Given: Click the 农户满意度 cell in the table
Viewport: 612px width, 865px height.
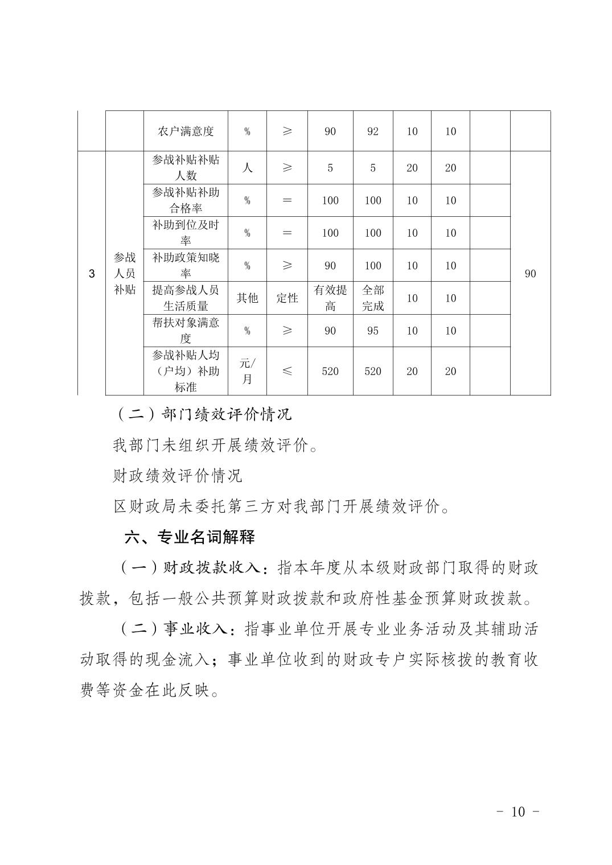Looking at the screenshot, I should click(186, 131).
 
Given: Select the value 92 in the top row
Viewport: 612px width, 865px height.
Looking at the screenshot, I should click(373, 131).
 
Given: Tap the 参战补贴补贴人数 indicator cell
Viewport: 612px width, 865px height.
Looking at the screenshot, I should click(186, 167).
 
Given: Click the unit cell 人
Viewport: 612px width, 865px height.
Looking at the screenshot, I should click(247, 167).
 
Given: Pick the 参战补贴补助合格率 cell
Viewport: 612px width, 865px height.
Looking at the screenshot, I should click(186, 200).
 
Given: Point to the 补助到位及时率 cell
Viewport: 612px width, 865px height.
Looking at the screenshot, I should click(186, 233).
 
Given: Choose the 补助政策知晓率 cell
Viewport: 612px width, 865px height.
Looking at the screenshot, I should click(186, 265).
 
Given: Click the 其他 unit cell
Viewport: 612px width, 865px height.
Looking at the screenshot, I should click(247, 298).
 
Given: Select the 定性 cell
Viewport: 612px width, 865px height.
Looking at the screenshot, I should click(287, 298).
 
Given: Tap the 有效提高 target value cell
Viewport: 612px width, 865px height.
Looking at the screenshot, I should click(330, 298).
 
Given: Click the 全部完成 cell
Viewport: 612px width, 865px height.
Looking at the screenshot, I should click(373, 298).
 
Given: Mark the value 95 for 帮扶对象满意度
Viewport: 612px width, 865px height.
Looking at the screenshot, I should click(373, 331).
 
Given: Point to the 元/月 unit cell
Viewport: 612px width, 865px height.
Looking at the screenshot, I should click(247, 371).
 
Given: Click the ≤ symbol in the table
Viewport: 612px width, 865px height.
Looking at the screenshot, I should click(287, 371).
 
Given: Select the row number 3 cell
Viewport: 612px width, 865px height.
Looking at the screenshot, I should click(92, 274).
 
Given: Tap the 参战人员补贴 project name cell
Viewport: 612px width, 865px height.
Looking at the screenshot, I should click(125, 274).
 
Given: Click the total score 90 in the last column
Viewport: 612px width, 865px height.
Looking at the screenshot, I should click(530, 274).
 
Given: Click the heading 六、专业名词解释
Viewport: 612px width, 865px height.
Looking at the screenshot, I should click(190, 537).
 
